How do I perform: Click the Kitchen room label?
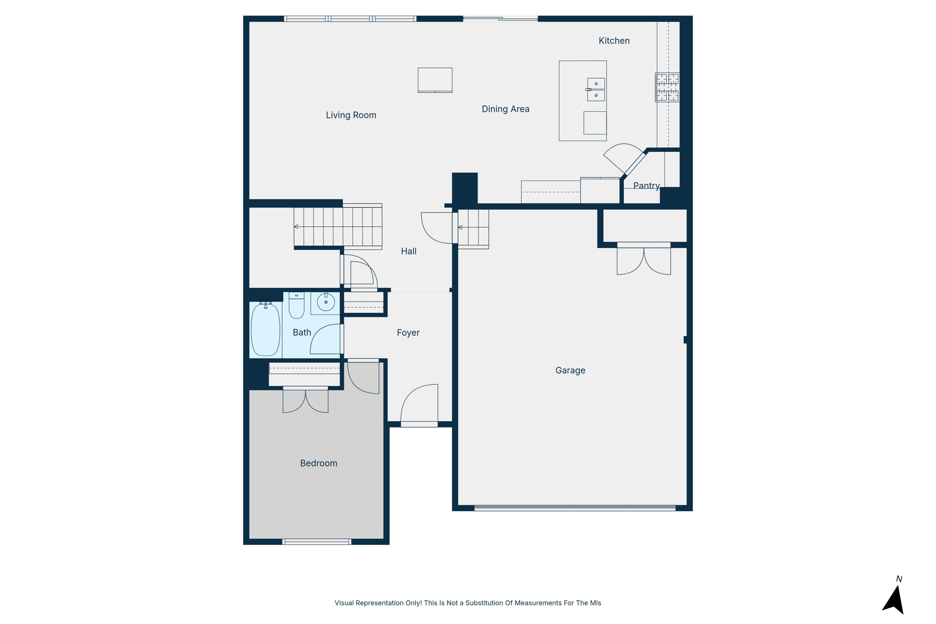pyautogui.click(x=614, y=41)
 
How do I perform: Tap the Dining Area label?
pyautogui.click(x=505, y=109)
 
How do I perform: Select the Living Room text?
pyautogui.click(x=351, y=115)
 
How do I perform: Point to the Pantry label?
pyautogui.click(x=646, y=186)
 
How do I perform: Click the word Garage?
pyautogui.click(x=570, y=370)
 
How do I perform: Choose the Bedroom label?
pyautogui.click(x=318, y=463)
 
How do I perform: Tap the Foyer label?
pyautogui.click(x=408, y=333)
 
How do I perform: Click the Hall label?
pyautogui.click(x=408, y=251)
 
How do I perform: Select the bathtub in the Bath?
pyautogui.click(x=266, y=329)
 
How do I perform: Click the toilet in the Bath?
pyautogui.click(x=296, y=306)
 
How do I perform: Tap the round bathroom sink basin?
pyautogui.click(x=325, y=302)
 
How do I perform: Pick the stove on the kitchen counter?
pyautogui.click(x=667, y=87)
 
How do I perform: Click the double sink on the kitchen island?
pyautogui.click(x=596, y=90)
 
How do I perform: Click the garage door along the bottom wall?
pyautogui.click(x=574, y=508)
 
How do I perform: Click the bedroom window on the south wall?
pyautogui.click(x=316, y=542)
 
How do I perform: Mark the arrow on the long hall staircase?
pyautogui.click(x=296, y=227)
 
